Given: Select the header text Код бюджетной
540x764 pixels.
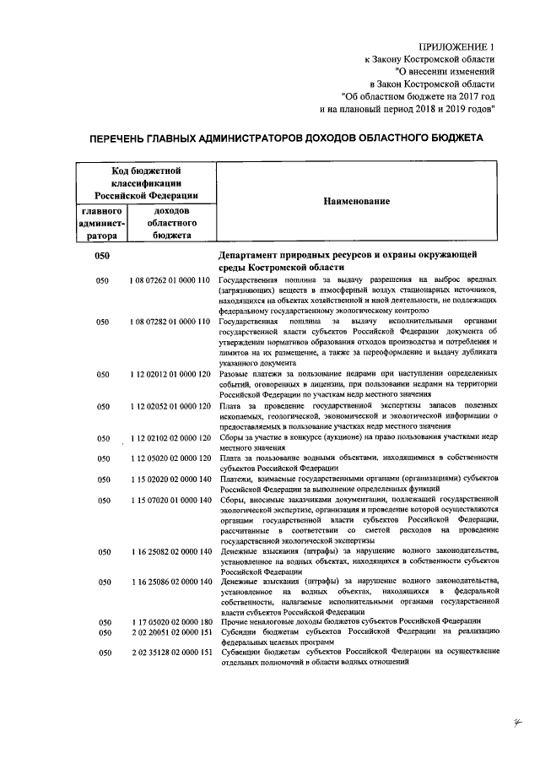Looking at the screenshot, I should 147,171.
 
